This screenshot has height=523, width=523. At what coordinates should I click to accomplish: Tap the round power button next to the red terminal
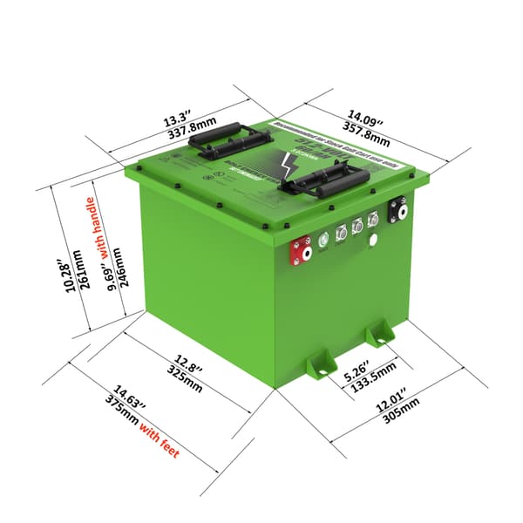pos(323,237)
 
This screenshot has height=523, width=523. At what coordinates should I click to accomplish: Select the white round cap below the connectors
pos(373,241)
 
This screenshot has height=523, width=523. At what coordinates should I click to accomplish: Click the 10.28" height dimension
pos(60,277)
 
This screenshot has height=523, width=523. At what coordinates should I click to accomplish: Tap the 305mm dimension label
pos(401,412)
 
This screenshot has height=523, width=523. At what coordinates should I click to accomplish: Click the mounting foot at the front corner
pos(321,364)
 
